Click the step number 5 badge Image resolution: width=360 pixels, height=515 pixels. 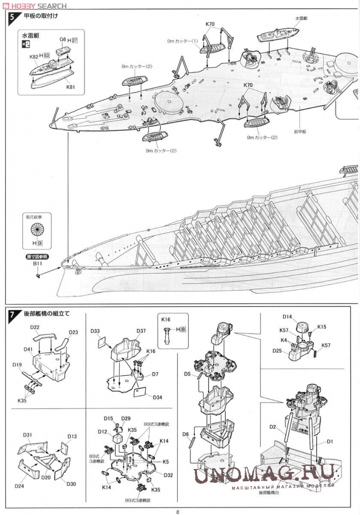tap(12, 17)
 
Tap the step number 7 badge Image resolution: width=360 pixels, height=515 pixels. tap(12, 314)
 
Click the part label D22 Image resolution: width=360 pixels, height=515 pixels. tap(34, 327)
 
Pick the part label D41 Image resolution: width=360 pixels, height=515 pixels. tap(28, 349)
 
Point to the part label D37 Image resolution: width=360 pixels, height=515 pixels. tap(141, 331)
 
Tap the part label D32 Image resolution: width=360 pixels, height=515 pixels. tap(168, 475)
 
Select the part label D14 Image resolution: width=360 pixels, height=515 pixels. tap(287, 317)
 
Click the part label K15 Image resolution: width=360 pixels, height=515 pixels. tap(322, 327)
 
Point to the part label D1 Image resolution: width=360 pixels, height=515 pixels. tap(331, 442)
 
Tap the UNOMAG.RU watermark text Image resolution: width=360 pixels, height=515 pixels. tap(264, 474)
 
